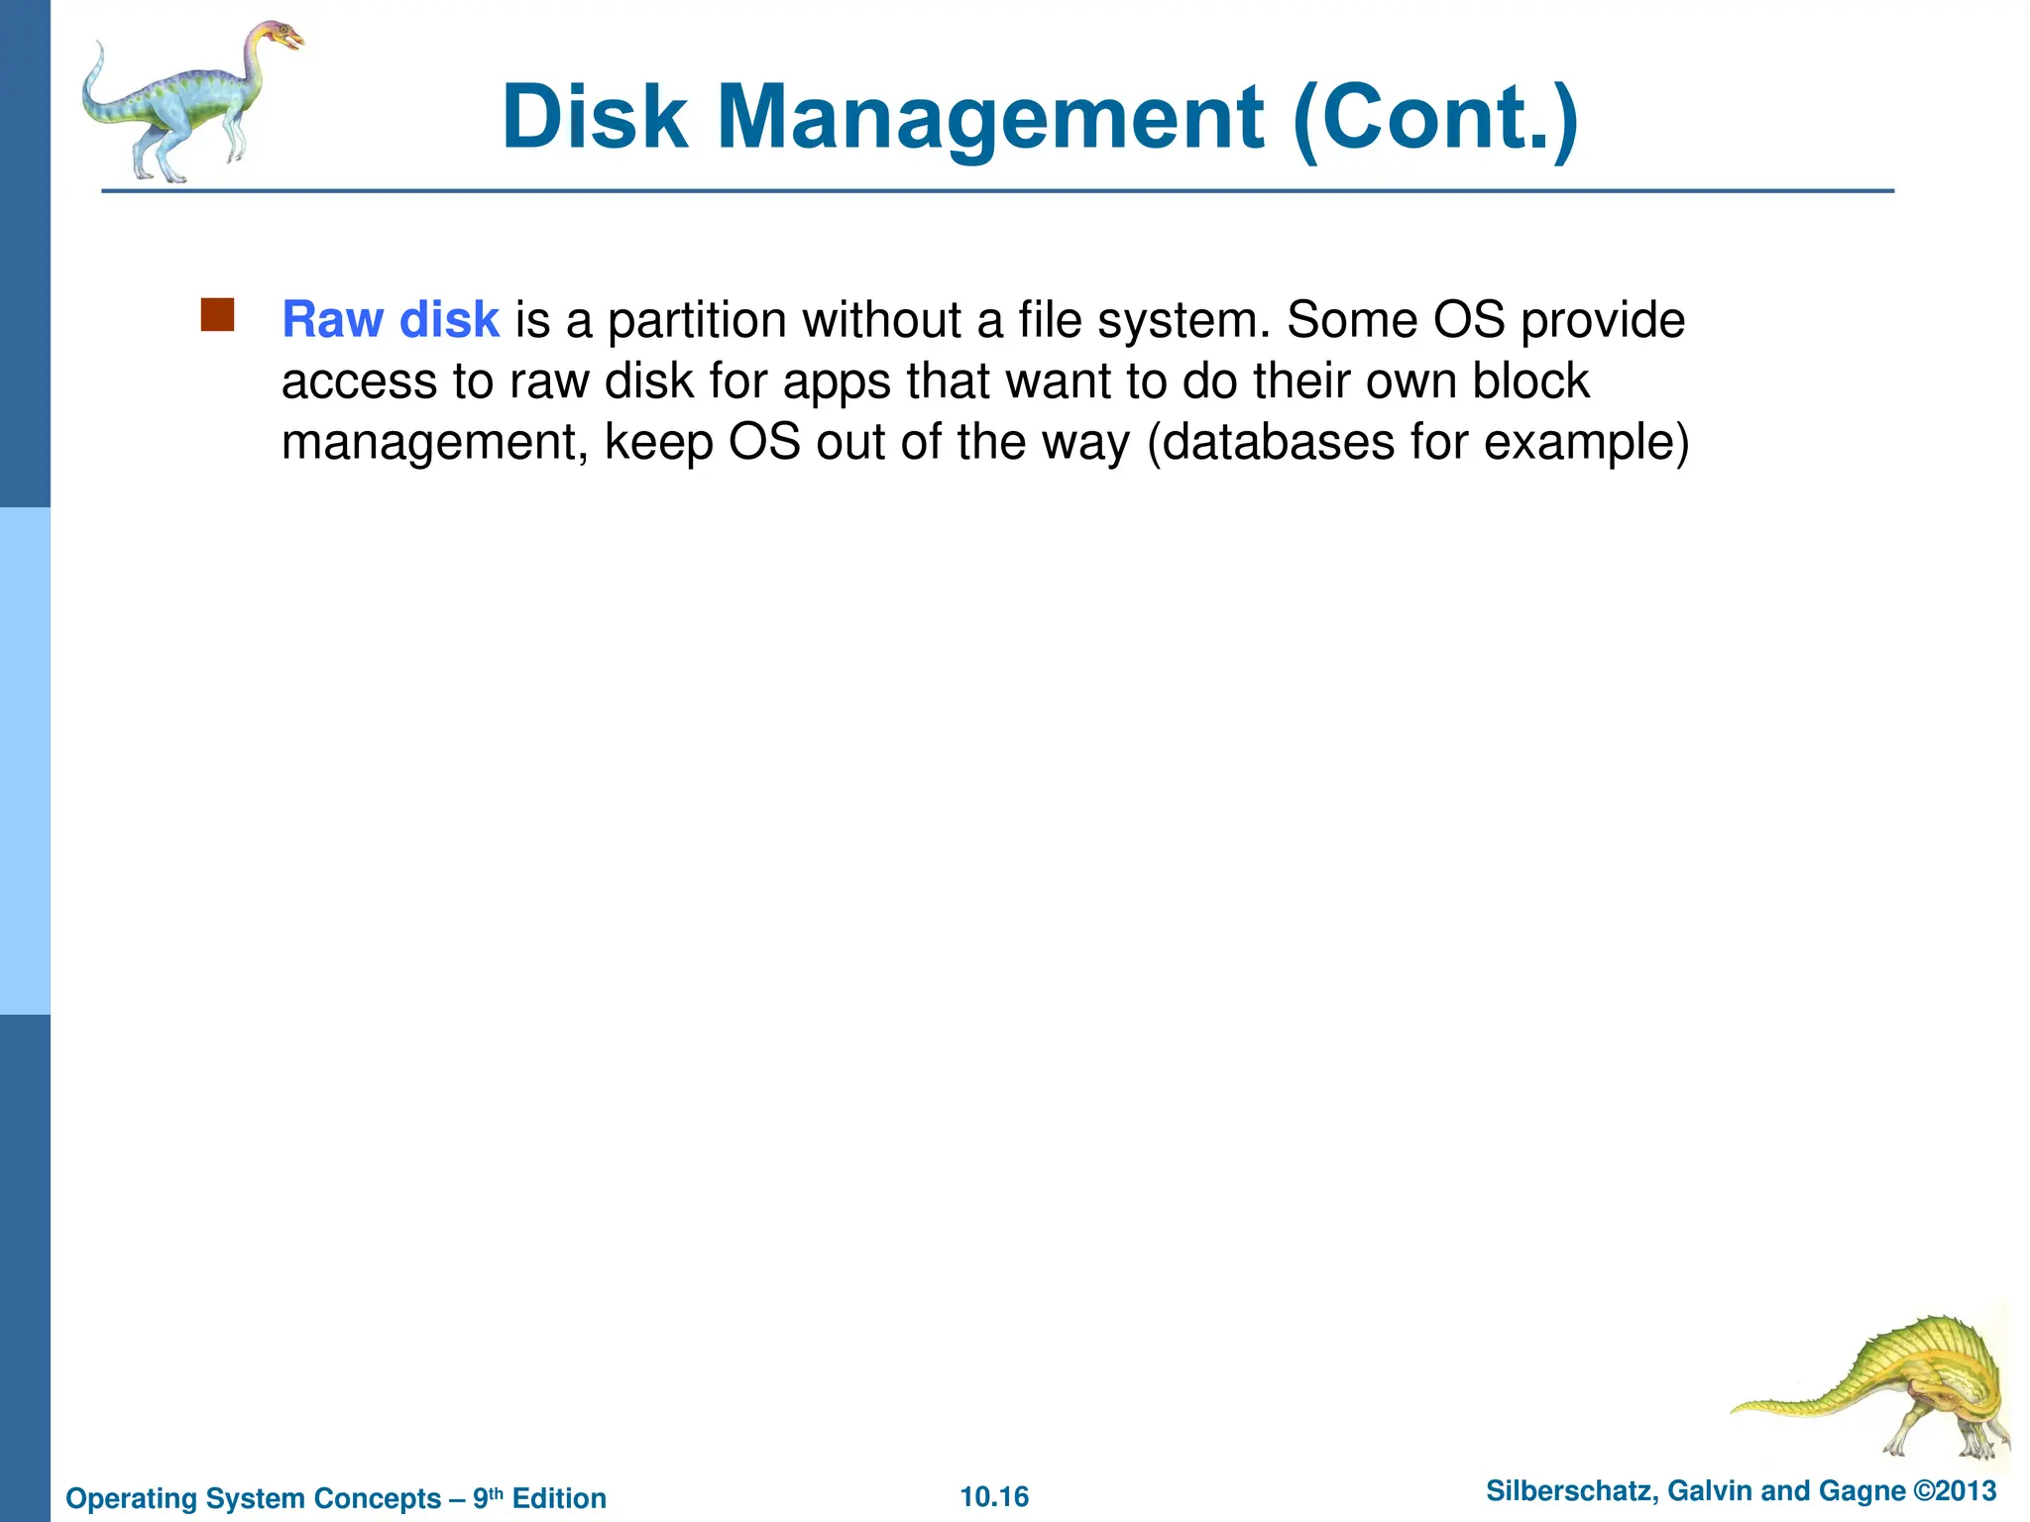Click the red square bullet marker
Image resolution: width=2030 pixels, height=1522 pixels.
click(217, 314)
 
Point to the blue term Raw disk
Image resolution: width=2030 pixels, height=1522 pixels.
click(391, 320)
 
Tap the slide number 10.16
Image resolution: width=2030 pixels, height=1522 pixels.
click(994, 1496)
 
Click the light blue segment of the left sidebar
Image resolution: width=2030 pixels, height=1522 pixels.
click(25, 760)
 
